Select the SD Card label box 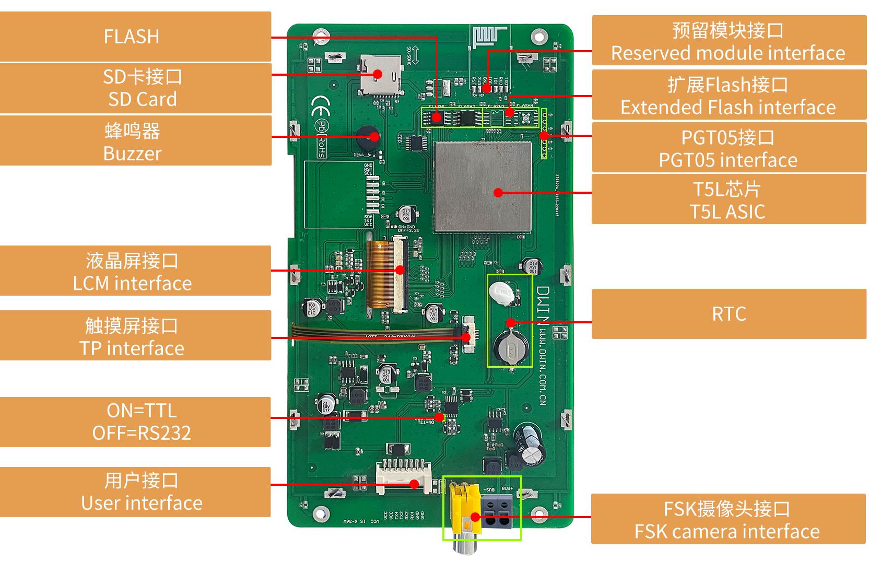135,88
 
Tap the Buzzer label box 135,141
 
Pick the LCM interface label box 135,271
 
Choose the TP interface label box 135,336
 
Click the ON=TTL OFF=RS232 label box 135,422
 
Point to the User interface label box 135,492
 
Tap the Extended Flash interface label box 729,95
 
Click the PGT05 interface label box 729,148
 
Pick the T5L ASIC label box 729,200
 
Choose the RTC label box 729,314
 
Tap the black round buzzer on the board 367,139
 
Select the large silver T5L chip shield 483,186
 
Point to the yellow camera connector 464,509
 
